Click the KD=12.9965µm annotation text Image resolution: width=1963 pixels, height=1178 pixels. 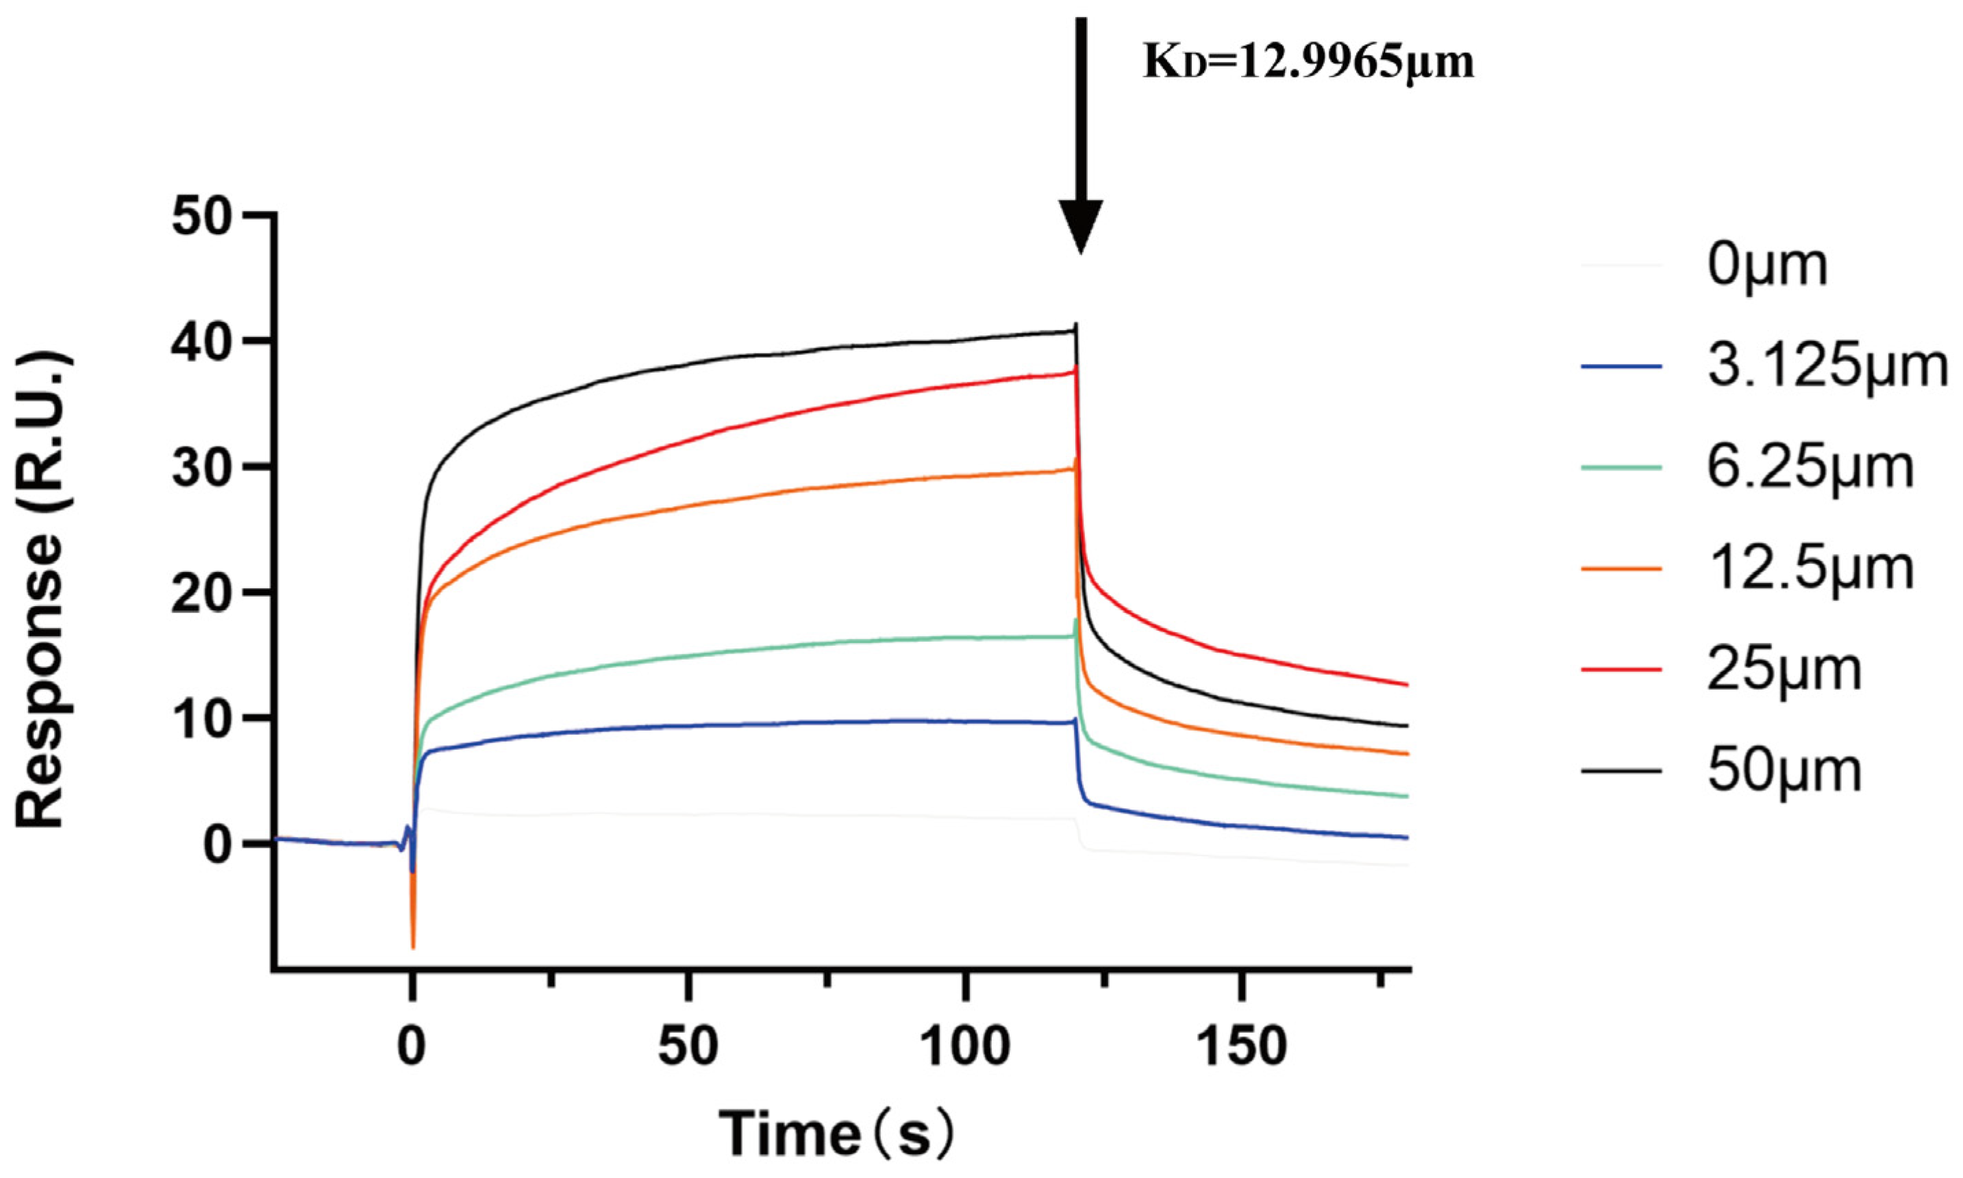[x=1308, y=62]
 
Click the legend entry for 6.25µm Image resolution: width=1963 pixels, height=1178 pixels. [x=1810, y=468]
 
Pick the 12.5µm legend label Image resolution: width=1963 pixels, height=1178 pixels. [x=1810, y=568]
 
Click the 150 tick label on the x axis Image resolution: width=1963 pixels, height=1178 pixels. [x=1242, y=1047]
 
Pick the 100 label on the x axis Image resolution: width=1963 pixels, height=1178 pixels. [x=964, y=1047]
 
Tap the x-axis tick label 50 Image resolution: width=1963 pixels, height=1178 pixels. [x=688, y=1047]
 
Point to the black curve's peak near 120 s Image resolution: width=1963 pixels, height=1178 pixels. [x=1075, y=325]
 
